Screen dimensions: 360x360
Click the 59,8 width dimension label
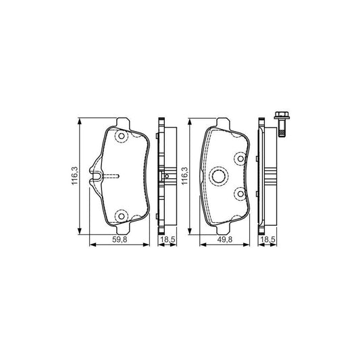coord(120,240)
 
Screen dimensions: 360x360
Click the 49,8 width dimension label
coord(225,240)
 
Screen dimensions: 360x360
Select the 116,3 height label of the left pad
coord(75,176)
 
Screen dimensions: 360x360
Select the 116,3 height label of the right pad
coord(185,176)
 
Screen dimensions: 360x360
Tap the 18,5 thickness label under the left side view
coord(168,240)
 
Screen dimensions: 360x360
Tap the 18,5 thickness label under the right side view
coord(267,240)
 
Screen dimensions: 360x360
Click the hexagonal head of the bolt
coord(282,115)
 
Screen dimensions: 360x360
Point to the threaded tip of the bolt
coord(282,133)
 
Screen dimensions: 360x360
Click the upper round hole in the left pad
coord(121,136)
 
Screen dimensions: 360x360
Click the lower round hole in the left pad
coord(121,216)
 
